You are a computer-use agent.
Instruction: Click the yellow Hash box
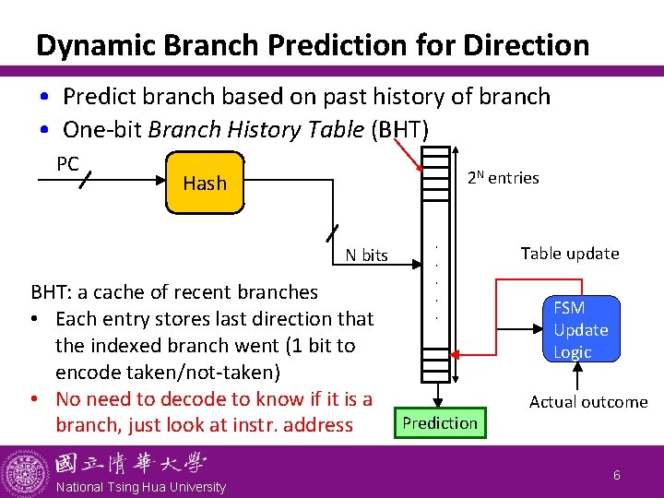pyautogui.click(x=204, y=182)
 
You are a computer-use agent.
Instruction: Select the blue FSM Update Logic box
pyautogui.click(x=580, y=330)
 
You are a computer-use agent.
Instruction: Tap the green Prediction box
pyautogui.click(x=440, y=423)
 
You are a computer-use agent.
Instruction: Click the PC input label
pyautogui.click(x=67, y=164)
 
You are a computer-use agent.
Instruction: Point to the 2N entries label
pyautogui.click(x=502, y=178)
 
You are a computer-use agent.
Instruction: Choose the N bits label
pyautogui.click(x=366, y=255)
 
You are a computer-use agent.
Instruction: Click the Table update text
pyautogui.click(x=569, y=254)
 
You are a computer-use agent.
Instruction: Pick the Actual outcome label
pyautogui.click(x=587, y=402)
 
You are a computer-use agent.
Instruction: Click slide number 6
pyautogui.click(x=618, y=475)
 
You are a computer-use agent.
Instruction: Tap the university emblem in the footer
pyautogui.click(x=25, y=471)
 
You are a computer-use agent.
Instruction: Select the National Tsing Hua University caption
pyautogui.click(x=139, y=487)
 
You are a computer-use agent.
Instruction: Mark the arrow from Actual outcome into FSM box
pyautogui.click(x=578, y=376)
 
